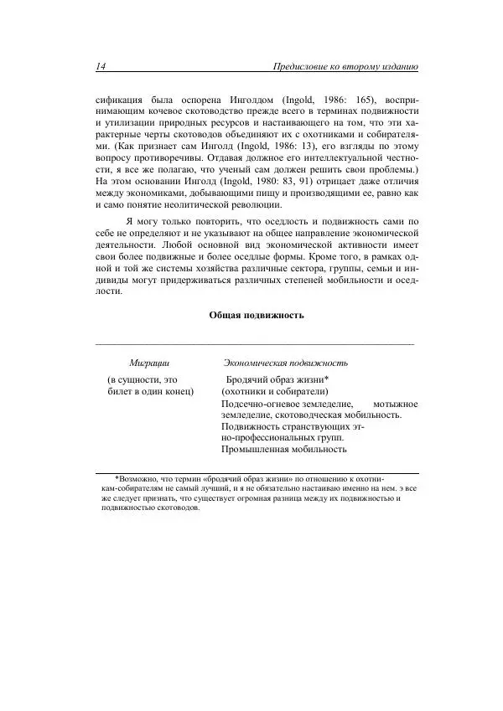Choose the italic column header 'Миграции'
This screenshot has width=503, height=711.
pos(149,363)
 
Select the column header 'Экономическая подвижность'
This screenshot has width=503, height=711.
pos(285,363)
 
